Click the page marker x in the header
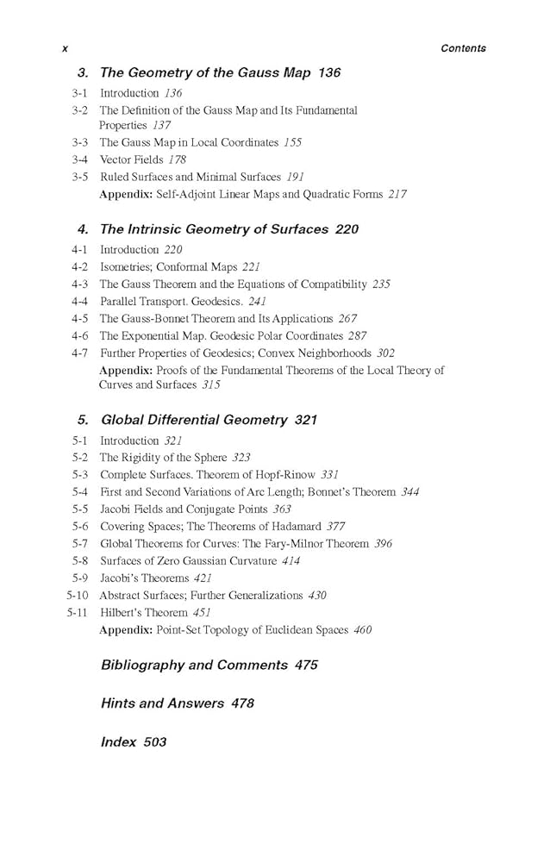pyautogui.click(x=65, y=49)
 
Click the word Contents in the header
pyautogui.click(x=463, y=49)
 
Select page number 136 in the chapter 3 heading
pyautogui.click(x=329, y=73)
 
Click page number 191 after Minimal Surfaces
pyautogui.click(x=296, y=177)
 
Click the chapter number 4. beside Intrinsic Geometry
pyautogui.click(x=83, y=229)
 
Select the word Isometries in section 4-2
pyautogui.click(x=125, y=267)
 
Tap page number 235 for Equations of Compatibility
pyautogui.click(x=381, y=284)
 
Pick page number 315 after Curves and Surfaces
pyautogui.click(x=211, y=385)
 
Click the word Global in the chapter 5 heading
pyautogui.click(x=122, y=421)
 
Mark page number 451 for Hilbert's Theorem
pyautogui.click(x=202, y=613)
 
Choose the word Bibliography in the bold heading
pyautogui.click(x=143, y=665)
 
